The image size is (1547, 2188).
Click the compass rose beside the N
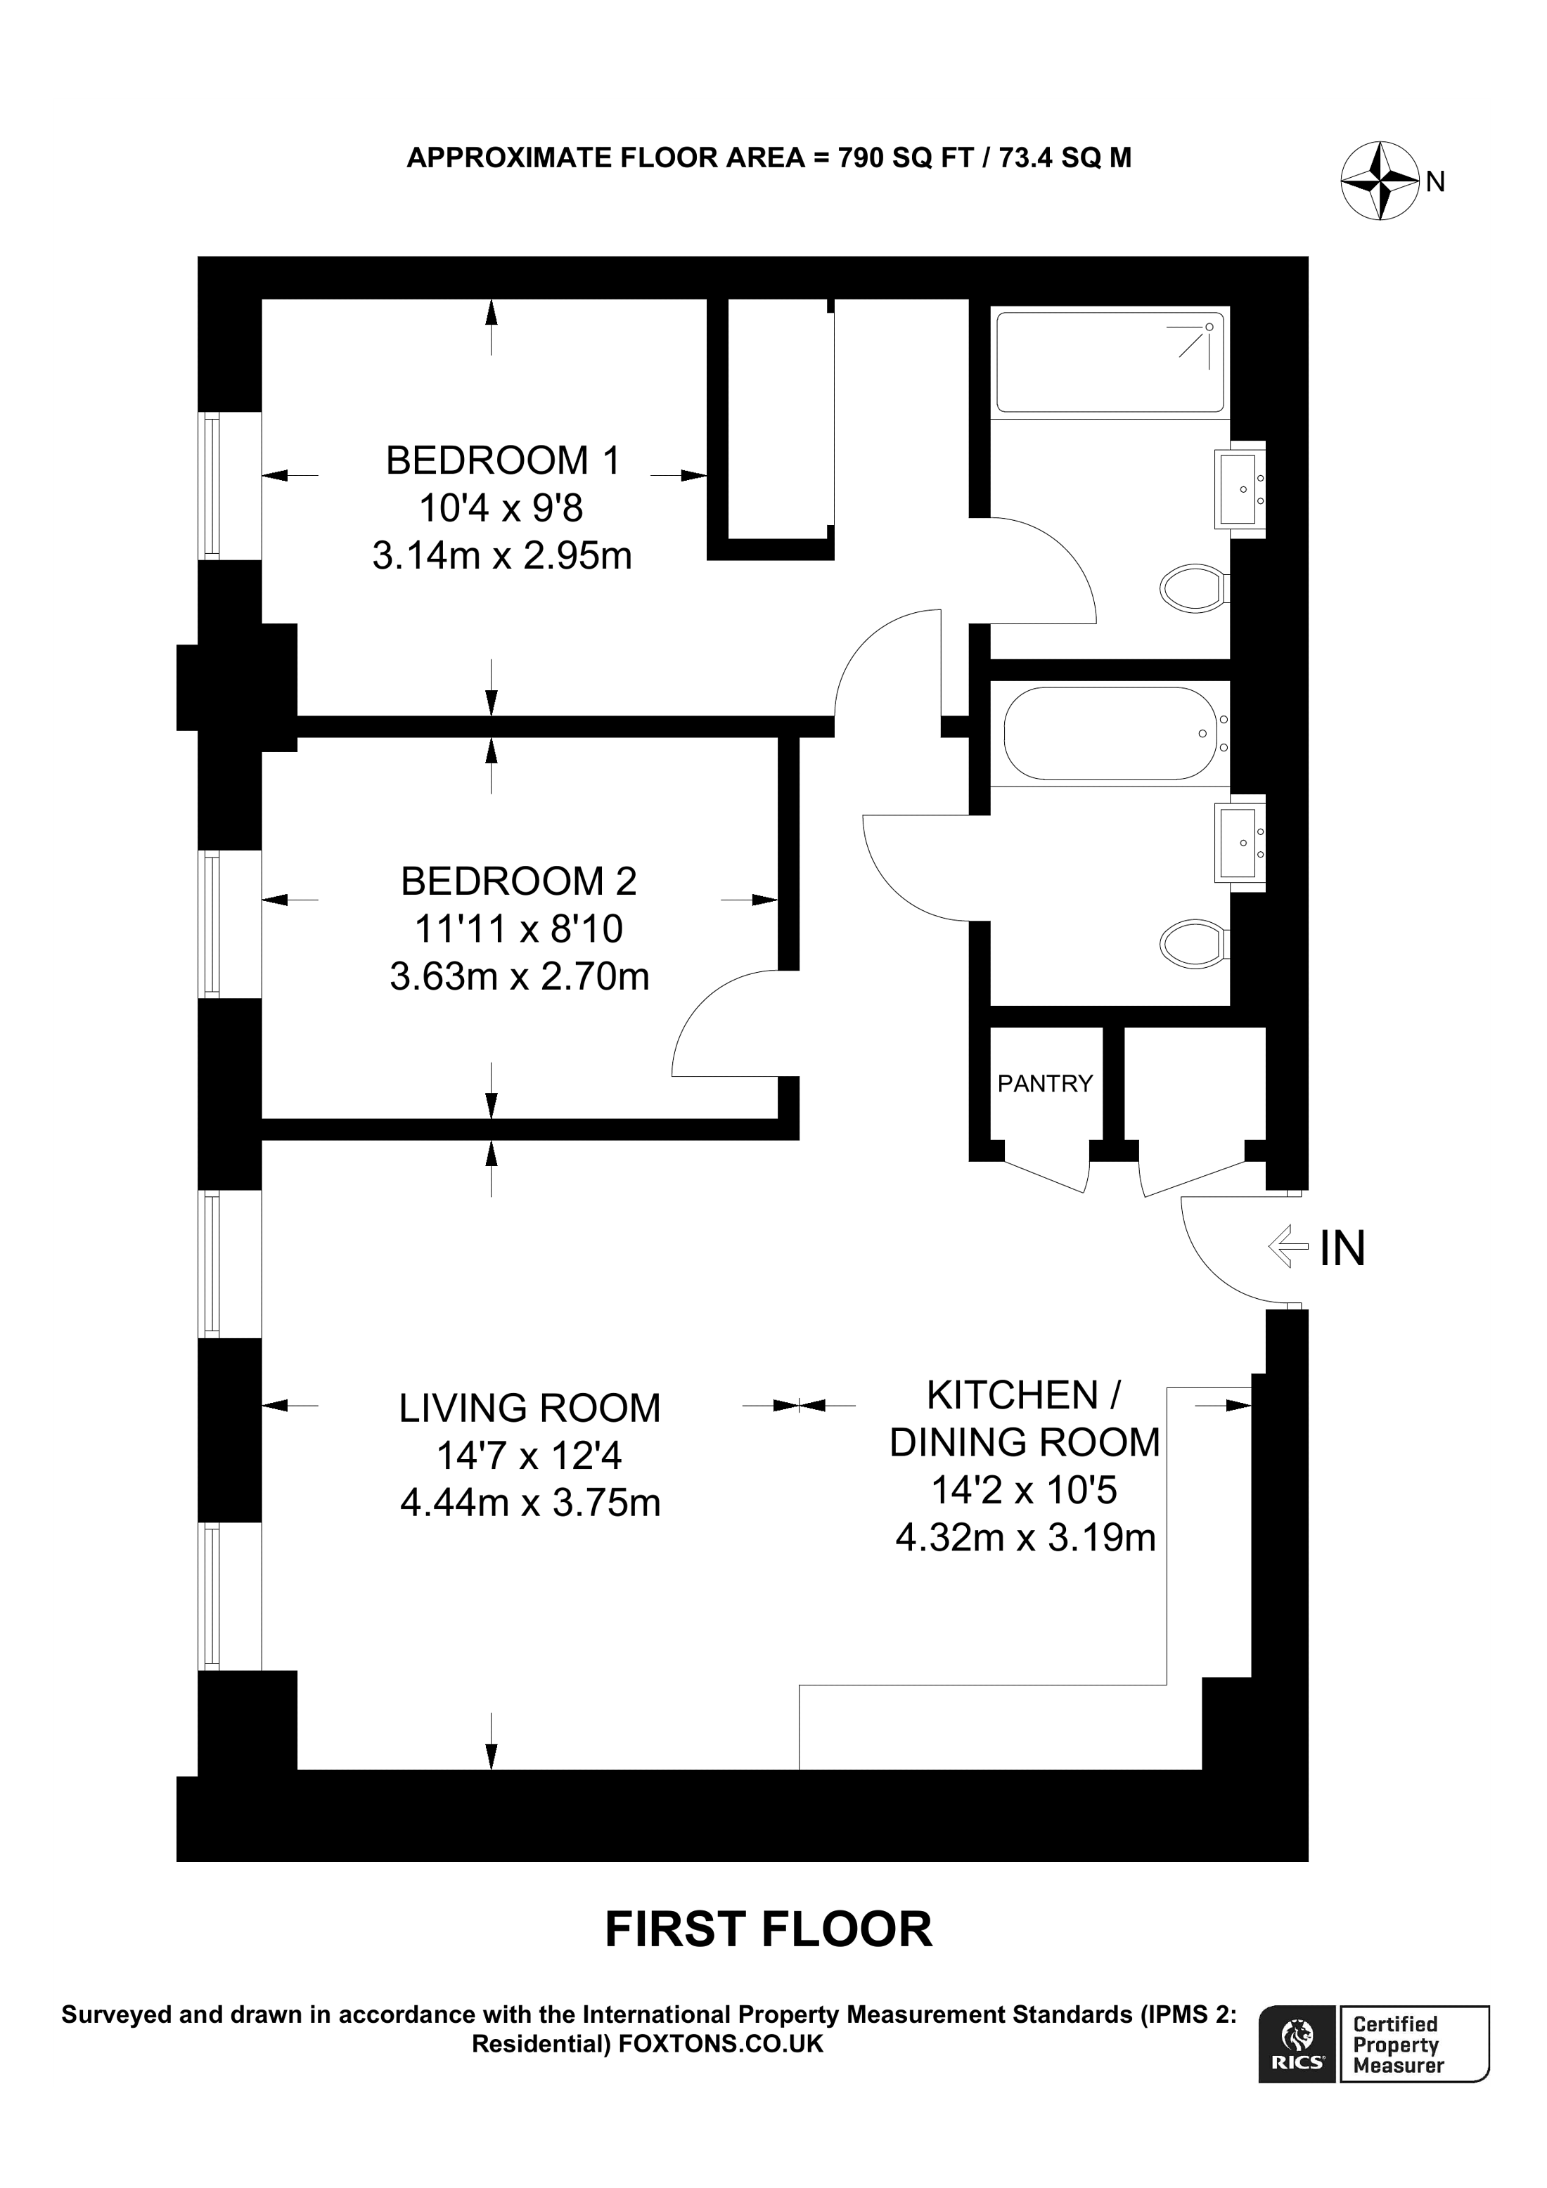point(1382,181)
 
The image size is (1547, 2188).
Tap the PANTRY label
point(1045,1084)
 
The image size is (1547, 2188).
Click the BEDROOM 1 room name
point(502,460)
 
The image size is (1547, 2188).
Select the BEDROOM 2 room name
point(518,881)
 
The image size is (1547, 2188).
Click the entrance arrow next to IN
point(1290,1245)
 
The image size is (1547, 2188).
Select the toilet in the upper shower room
point(1193,588)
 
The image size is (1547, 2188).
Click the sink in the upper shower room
point(1239,490)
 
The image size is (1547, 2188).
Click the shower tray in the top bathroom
point(1110,362)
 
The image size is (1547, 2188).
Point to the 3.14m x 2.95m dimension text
point(502,555)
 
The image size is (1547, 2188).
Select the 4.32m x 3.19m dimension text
point(1026,1538)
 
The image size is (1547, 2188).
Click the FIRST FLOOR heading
point(769,1930)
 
